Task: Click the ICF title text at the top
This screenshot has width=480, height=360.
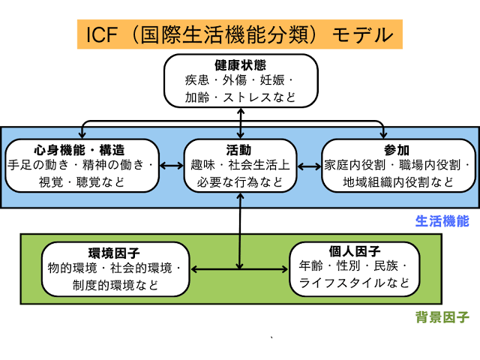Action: point(240,34)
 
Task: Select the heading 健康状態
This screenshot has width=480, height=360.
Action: point(240,65)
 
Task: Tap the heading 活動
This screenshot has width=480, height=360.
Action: point(240,149)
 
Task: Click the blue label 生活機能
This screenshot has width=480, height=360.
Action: point(442,221)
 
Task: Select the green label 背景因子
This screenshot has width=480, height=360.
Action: point(442,317)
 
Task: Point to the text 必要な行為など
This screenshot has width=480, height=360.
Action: point(240,181)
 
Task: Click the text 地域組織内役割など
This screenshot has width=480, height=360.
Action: point(398,181)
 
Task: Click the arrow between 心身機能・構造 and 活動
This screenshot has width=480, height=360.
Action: point(172,164)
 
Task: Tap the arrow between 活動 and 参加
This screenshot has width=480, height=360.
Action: point(309,164)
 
